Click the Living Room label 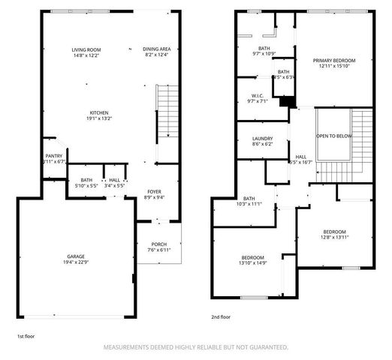pos(86,49)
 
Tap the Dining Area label pos(156,49)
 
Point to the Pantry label pos(54,155)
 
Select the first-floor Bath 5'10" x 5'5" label pos(86,180)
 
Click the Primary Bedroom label pos(335,60)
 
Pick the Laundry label pos(262,138)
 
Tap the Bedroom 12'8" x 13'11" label pos(335,231)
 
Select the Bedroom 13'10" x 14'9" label pos(252,256)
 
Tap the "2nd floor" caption pos(221,316)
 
